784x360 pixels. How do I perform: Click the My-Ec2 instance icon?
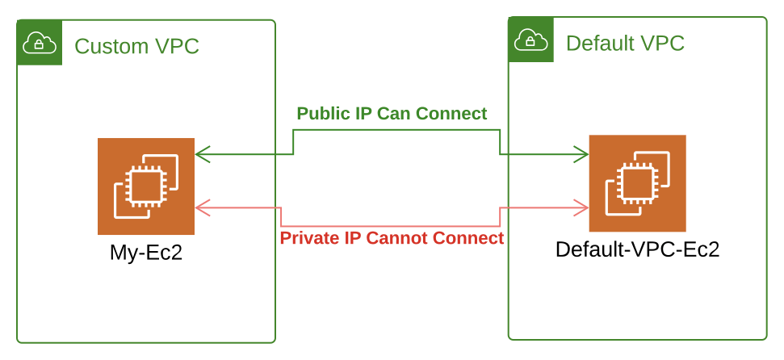pyautogui.click(x=145, y=186)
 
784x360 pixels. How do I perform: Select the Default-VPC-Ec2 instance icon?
pyautogui.click(x=637, y=183)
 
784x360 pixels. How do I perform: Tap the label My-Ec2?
pyautogui.click(x=146, y=253)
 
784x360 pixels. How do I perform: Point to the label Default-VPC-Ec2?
pyautogui.click(x=637, y=249)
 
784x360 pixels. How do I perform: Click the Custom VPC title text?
pyautogui.click(x=136, y=47)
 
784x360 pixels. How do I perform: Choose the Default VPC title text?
pyautogui.click(x=625, y=43)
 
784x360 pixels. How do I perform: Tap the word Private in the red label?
pyautogui.click(x=308, y=238)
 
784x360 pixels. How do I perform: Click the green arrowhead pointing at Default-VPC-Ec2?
pyautogui.click(x=580, y=153)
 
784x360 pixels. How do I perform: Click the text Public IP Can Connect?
pyautogui.click(x=392, y=113)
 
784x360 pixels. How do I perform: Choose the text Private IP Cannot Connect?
pyautogui.click(x=392, y=238)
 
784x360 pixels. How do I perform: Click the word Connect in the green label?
pyautogui.click(x=455, y=113)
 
